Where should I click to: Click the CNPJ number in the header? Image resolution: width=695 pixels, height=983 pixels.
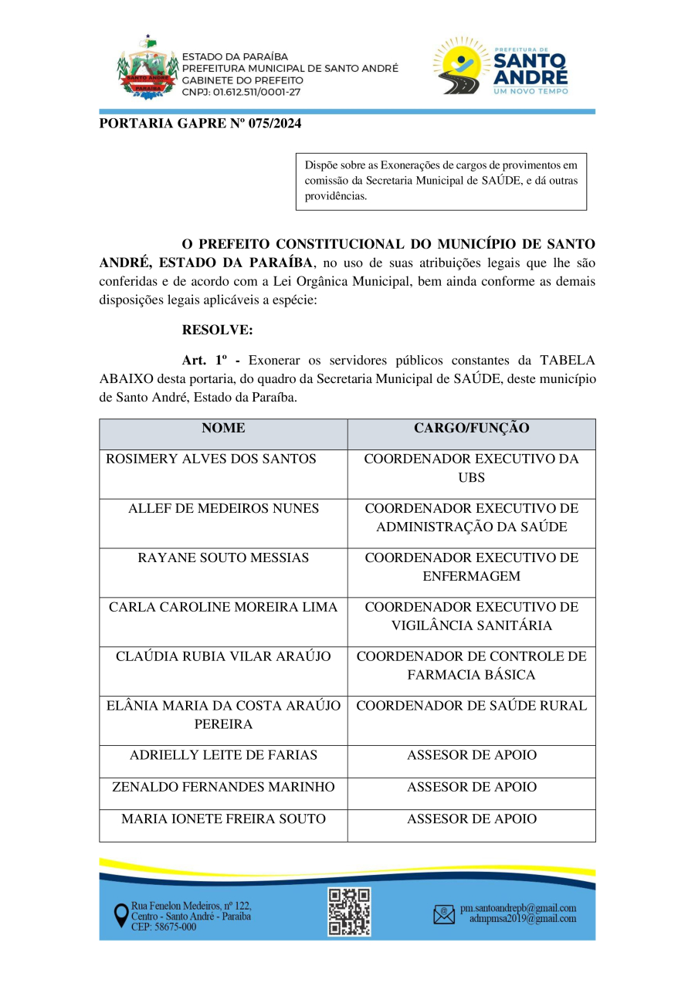(x=241, y=92)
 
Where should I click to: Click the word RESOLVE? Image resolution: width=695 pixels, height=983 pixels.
(x=217, y=330)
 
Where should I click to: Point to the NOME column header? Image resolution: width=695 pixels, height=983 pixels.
(x=223, y=428)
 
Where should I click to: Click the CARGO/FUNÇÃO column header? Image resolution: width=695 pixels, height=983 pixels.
(x=471, y=428)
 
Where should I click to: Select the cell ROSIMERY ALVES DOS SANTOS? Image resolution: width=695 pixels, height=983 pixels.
(x=211, y=459)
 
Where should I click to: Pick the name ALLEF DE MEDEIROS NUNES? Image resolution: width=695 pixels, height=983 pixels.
(x=223, y=508)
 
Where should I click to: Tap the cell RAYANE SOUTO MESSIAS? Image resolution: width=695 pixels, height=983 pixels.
(x=223, y=558)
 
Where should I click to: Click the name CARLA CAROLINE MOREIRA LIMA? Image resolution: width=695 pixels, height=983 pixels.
(x=223, y=607)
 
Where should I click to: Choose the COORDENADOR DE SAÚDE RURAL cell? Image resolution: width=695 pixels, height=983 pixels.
(x=471, y=705)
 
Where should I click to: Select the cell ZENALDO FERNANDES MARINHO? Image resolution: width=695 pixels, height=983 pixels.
(x=223, y=787)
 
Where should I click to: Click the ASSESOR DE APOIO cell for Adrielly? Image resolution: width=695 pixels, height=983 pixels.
(x=471, y=754)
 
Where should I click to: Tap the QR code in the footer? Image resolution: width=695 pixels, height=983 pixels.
(x=349, y=911)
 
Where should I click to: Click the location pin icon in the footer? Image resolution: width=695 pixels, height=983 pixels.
(x=121, y=916)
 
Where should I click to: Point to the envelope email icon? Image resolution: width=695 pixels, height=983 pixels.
(x=444, y=915)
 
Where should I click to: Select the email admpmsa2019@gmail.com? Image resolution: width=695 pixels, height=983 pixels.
(x=523, y=919)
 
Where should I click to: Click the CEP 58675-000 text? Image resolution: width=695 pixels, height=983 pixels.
(x=164, y=927)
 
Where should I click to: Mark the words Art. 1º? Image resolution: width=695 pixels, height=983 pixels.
(x=205, y=360)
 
